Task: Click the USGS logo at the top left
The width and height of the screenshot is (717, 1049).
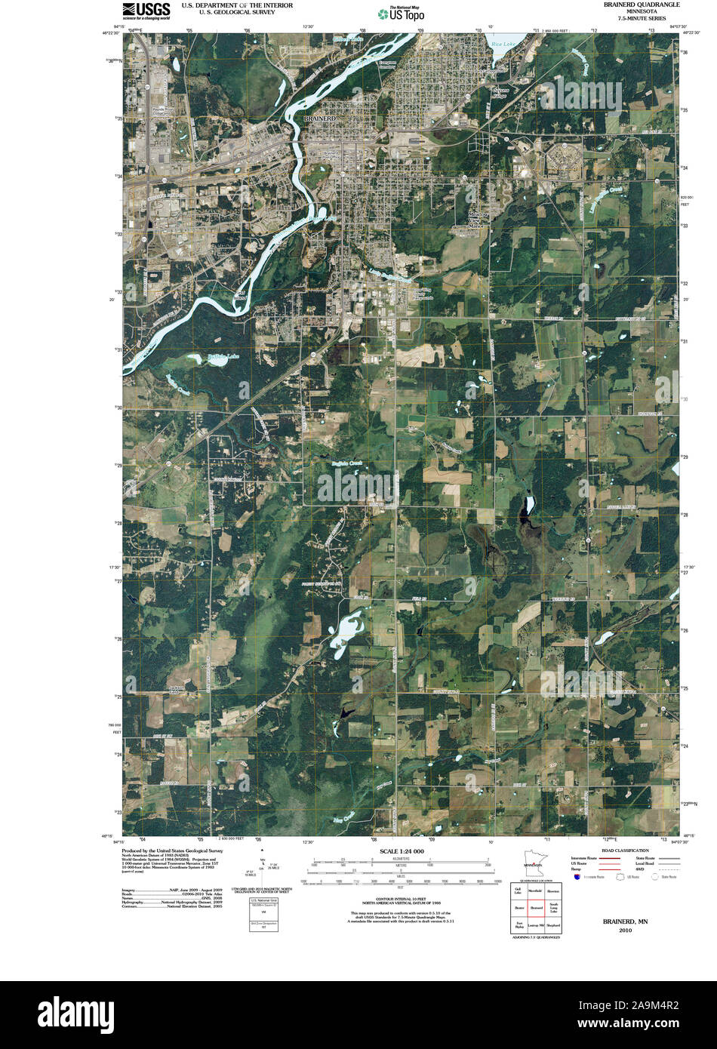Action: (148, 10)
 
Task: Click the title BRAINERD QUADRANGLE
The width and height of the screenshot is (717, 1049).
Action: (642, 5)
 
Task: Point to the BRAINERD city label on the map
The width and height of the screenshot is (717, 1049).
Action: (318, 119)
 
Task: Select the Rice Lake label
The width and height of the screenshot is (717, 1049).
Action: (502, 45)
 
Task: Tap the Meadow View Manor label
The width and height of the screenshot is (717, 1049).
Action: (475, 220)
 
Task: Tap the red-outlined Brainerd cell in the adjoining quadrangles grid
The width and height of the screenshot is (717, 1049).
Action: (537, 907)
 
